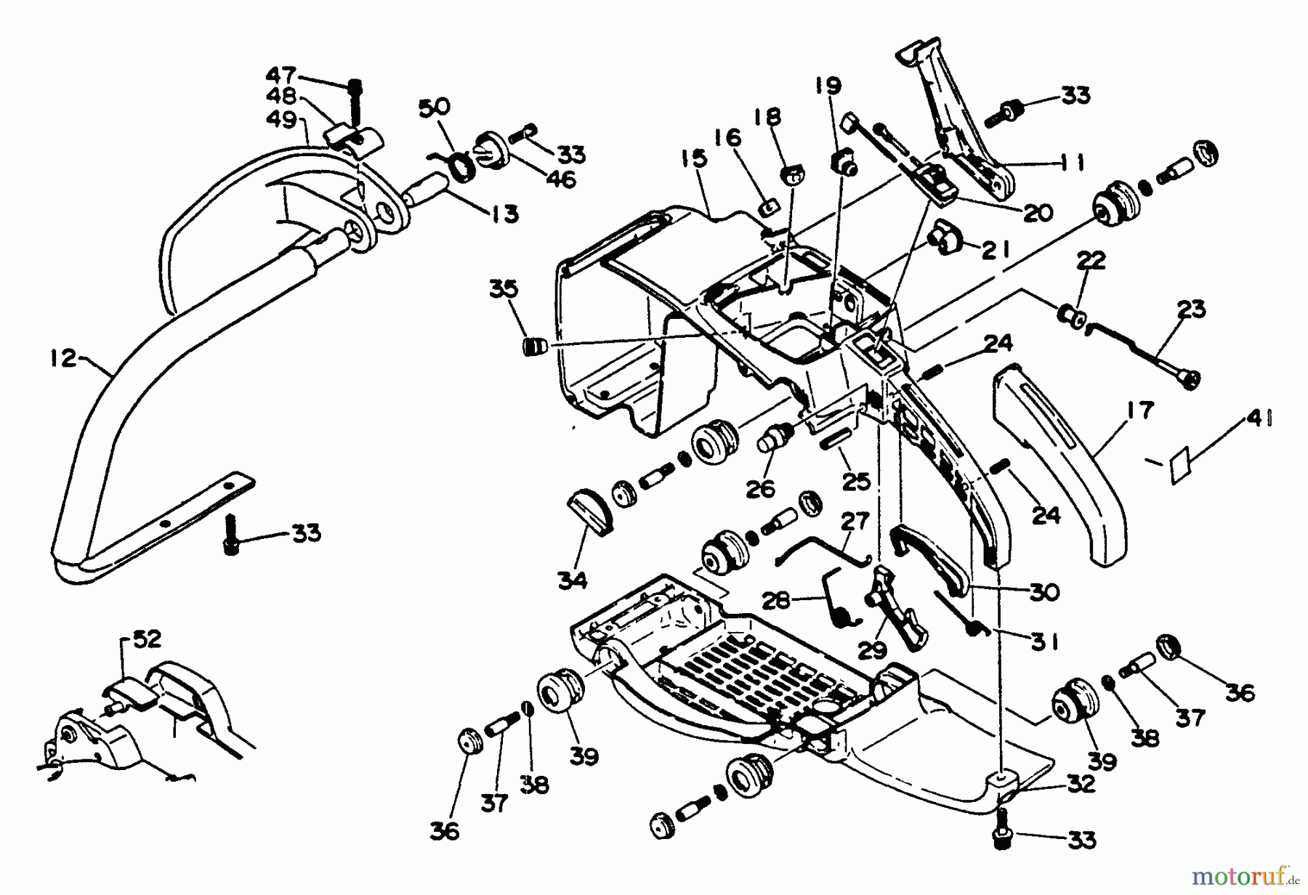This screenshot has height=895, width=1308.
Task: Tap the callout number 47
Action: tap(280, 76)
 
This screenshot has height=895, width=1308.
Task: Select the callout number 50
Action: tap(434, 108)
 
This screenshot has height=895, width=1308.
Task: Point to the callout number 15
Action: tap(694, 159)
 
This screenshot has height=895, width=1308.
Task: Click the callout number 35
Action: tap(504, 289)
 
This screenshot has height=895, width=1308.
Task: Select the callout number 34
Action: tap(573, 580)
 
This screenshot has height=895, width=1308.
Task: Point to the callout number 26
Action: tap(761, 489)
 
